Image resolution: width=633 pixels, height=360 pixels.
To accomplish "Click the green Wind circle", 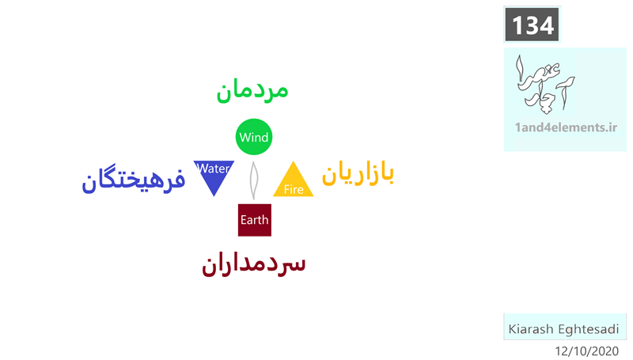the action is point(254,137).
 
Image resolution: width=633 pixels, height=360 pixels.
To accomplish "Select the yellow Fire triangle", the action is point(294,181).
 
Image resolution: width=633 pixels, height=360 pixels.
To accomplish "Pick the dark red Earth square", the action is point(255,220).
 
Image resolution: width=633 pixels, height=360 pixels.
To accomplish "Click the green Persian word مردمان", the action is point(252,91).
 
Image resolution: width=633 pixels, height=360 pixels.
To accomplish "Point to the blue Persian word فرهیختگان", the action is point(134,178).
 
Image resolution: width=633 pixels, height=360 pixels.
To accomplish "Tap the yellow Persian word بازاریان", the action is point(358,173).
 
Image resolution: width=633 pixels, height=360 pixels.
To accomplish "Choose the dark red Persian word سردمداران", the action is point(253,264).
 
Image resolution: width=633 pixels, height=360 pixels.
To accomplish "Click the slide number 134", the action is point(533,25).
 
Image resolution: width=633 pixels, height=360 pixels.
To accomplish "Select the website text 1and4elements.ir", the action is point(566,127).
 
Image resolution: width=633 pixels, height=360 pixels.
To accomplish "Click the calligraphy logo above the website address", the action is point(545,84).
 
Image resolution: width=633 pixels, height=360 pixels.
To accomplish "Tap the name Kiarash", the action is point(531,329).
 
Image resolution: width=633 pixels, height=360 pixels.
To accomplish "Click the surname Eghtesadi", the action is point(589,329).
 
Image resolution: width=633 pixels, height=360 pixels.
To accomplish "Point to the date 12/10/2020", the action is point(587,351).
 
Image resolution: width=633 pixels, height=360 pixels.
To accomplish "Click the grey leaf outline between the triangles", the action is point(253,180).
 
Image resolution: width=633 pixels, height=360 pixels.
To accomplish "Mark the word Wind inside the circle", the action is point(254,137).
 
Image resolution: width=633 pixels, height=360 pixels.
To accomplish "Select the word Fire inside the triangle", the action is point(294,189).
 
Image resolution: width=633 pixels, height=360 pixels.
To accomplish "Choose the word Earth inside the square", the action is point(254,220).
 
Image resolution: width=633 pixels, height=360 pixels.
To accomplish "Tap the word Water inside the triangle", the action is point(214,169).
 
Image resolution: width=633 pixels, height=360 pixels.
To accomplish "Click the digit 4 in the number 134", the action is point(546,25).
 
